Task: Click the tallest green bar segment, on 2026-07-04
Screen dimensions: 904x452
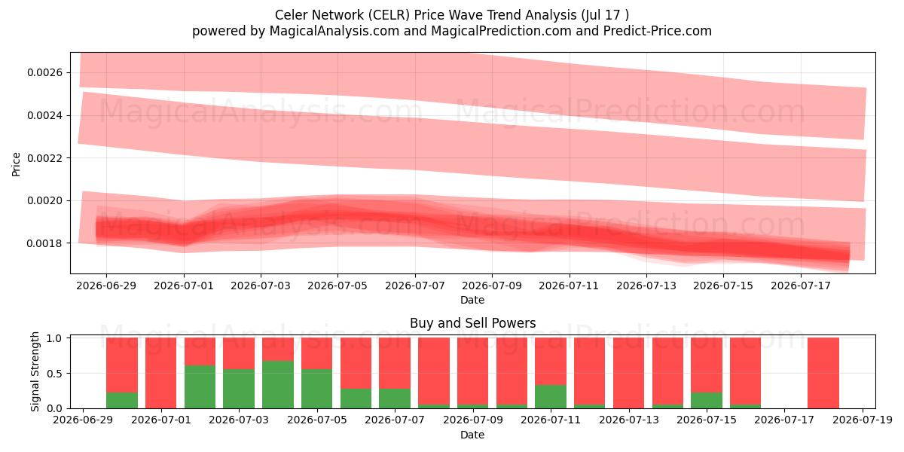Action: pos(278,385)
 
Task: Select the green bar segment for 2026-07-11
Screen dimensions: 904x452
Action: pos(551,397)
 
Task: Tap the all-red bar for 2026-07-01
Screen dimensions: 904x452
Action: pos(160,373)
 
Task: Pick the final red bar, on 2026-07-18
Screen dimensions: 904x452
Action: pos(823,373)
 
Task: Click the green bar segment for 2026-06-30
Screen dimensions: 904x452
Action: pos(122,400)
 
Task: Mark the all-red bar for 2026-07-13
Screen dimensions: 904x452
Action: pos(628,373)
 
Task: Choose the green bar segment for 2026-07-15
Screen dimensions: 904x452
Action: pos(707,400)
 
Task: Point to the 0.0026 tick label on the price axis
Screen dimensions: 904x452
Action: pos(44,72)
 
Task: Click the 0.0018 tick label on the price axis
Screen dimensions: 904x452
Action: pos(44,243)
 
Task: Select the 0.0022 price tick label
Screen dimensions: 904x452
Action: pos(44,158)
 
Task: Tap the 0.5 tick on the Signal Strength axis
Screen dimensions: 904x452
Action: pos(54,374)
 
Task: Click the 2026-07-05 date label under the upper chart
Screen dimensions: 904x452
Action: pos(337,286)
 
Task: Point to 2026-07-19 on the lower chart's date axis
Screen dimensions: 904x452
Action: pos(863,420)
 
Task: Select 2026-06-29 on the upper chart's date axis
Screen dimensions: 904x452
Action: pos(106,286)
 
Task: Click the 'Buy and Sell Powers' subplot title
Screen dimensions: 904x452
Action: pos(472,323)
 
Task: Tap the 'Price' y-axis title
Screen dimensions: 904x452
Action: pos(16,164)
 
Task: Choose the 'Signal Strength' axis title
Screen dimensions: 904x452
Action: pos(35,371)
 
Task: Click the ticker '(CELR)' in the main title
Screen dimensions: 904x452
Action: pos(388,15)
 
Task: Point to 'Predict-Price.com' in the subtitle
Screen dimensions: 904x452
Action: pos(658,31)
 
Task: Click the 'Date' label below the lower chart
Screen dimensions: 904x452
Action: pos(472,435)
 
